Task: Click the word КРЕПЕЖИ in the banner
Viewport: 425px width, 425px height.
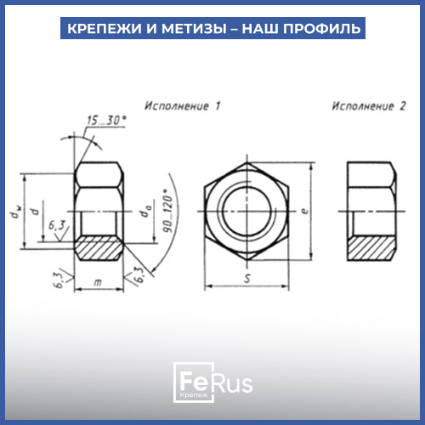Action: pyautogui.click(x=104, y=28)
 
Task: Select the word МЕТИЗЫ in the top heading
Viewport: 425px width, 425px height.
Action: pyautogui.click(x=194, y=28)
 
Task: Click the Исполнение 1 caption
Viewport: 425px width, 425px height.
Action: pyautogui.click(x=183, y=106)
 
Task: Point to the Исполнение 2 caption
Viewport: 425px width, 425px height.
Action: pyautogui.click(x=369, y=106)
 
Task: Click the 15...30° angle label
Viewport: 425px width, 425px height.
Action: pyautogui.click(x=106, y=121)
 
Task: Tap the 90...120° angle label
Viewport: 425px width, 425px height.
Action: pyautogui.click(x=167, y=211)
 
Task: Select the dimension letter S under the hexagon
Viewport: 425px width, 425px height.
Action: pyautogui.click(x=247, y=278)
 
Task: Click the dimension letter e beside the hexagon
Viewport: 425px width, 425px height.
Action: pyautogui.click(x=304, y=211)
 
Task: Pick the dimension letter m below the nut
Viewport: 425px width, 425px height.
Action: pyautogui.click(x=98, y=282)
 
